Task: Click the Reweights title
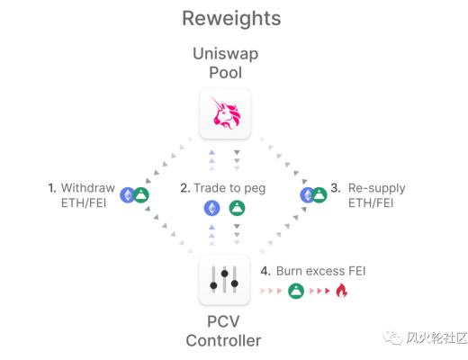[230, 17]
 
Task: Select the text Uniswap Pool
[224, 62]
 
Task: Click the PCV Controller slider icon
[224, 280]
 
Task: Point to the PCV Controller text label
[224, 330]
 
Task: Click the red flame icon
[341, 291]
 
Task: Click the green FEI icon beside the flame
[296, 291]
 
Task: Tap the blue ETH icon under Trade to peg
[211, 209]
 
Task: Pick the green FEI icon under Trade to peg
[237, 209]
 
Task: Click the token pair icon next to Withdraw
[135, 193]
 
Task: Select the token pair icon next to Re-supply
[313, 193]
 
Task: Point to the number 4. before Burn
[265, 270]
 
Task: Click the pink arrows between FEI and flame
[319, 292]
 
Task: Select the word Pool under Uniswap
[224, 72]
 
